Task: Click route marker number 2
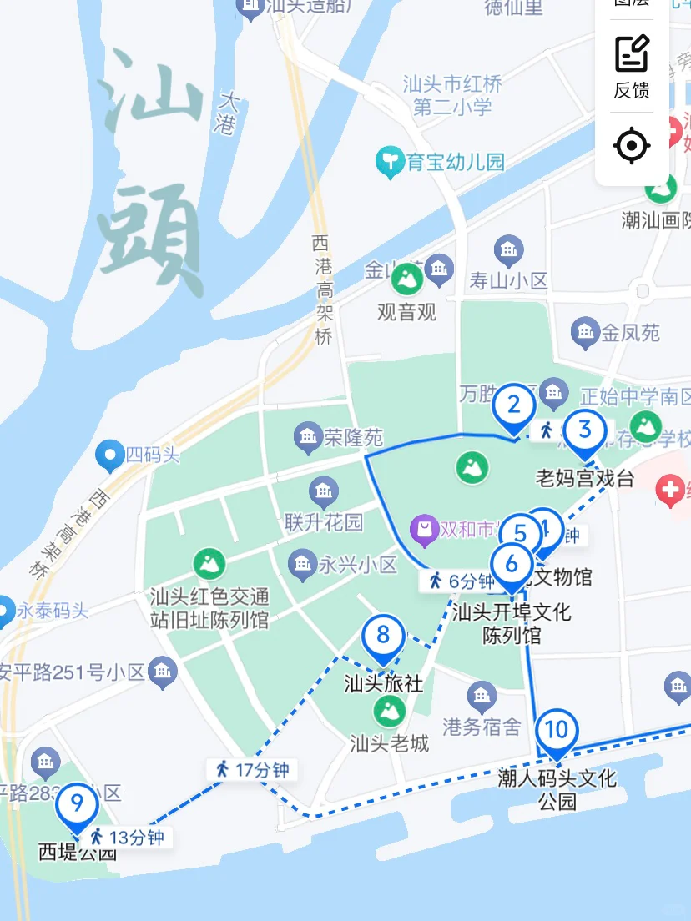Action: click(x=514, y=406)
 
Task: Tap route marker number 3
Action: click(x=584, y=430)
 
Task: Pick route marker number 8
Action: click(x=383, y=636)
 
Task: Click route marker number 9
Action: click(x=78, y=804)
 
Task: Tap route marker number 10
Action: click(x=556, y=731)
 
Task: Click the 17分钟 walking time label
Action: click(x=252, y=770)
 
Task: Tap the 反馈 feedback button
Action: click(x=632, y=68)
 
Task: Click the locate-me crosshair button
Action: click(x=632, y=147)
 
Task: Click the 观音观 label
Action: click(x=407, y=312)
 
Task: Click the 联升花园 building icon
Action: click(x=324, y=491)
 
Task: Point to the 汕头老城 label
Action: click(x=390, y=742)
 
